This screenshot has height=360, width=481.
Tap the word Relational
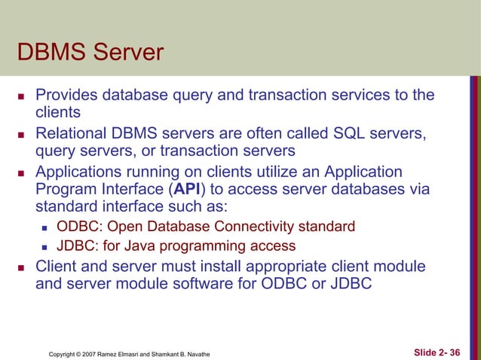(x=73, y=134)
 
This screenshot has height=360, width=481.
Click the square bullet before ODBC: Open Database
(x=46, y=227)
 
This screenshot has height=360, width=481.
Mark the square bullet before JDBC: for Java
(x=46, y=247)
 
